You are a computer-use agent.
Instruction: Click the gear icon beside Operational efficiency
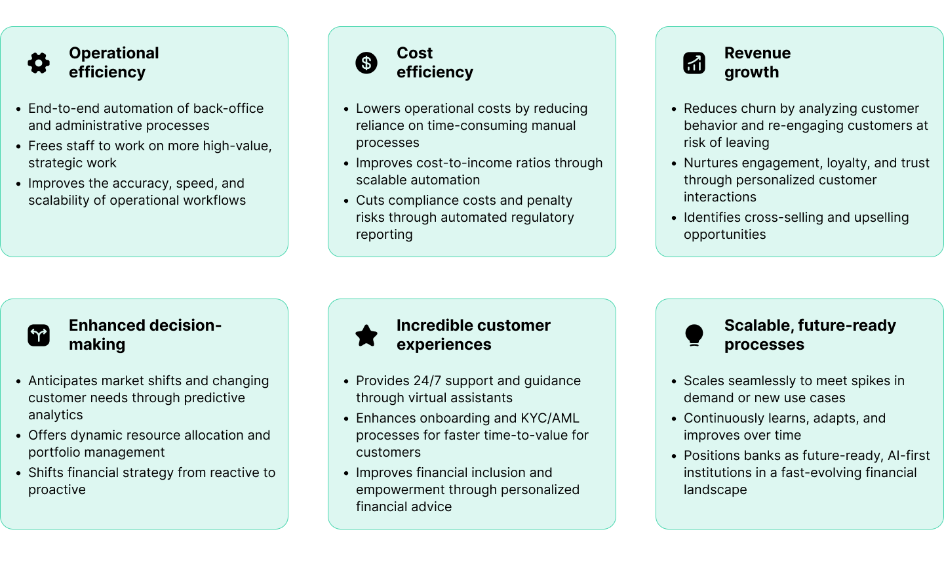pos(39,63)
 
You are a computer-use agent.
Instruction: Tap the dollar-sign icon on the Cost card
pos(366,63)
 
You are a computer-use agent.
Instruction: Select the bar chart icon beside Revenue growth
pos(694,63)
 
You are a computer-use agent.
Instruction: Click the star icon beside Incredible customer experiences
pos(366,335)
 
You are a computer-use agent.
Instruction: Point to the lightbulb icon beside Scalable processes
pos(694,335)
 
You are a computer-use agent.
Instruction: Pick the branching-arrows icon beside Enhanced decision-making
pos(39,335)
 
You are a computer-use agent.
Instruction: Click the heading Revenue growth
pos(757,62)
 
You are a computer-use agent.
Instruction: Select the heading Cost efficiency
pos(435,62)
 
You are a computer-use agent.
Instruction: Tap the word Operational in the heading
pos(114,53)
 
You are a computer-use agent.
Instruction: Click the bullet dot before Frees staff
pos(18,146)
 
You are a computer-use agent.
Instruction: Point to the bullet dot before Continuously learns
pos(674,419)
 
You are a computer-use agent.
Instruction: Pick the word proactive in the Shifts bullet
pos(57,489)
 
